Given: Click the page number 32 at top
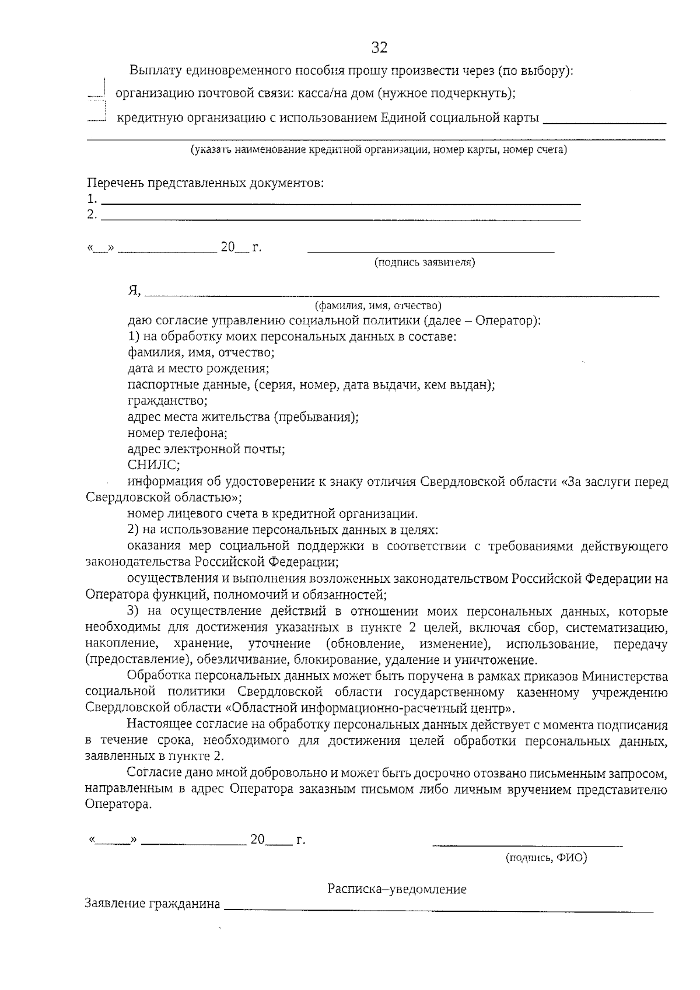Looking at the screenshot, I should (x=379, y=47).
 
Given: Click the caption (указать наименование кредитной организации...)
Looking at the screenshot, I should (x=379, y=150).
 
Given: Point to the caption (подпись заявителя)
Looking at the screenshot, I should (x=425, y=263).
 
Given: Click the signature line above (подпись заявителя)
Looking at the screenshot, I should (x=430, y=251).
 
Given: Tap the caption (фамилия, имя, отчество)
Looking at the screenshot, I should (x=378, y=306).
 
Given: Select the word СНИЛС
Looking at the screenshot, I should (x=153, y=465).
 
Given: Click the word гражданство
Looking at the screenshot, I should (x=167, y=401).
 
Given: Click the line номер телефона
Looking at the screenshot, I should (x=177, y=433).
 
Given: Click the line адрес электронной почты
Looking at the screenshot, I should (x=206, y=449).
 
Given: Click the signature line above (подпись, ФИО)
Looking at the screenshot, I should (x=527, y=844).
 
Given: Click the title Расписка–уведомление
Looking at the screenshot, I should (x=397, y=890).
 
